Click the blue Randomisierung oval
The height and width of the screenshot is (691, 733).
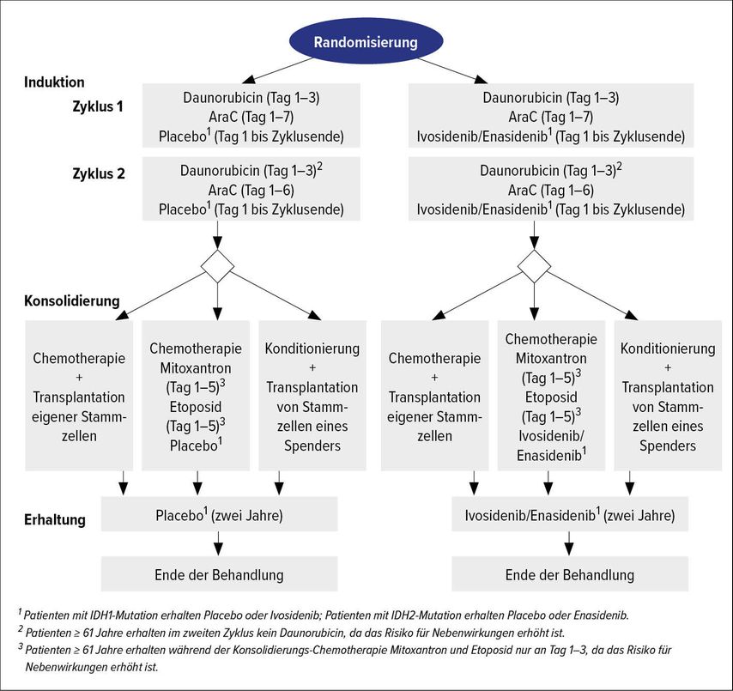coord(366,41)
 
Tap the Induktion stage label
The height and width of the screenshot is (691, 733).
coord(54,82)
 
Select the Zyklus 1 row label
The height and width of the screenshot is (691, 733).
coord(98,106)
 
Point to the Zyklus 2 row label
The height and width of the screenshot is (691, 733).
coord(99,174)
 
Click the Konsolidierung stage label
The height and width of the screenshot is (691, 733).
coord(72,300)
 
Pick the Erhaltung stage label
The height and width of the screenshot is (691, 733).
coord(55,520)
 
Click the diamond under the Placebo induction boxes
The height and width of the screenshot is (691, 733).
coord(217,266)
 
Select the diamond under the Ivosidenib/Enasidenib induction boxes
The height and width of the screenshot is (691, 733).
coord(535,266)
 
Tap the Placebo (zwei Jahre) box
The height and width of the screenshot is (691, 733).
coord(219,514)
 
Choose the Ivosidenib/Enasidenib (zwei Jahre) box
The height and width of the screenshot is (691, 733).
coord(570,514)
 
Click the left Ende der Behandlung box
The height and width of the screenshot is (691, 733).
coord(219,574)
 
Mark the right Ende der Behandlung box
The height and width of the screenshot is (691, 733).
coord(570,574)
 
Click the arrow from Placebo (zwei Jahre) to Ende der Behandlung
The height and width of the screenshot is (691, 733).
coord(218,543)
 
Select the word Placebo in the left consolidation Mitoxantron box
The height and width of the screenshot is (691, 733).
coord(193,446)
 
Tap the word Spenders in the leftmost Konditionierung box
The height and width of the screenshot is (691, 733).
coord(312,446)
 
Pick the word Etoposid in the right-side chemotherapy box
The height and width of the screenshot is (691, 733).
coord(551,397)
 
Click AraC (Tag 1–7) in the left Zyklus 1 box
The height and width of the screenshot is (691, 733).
coord(251,117)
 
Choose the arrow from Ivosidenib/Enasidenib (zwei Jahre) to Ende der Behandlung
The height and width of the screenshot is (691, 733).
coord(568,543)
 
